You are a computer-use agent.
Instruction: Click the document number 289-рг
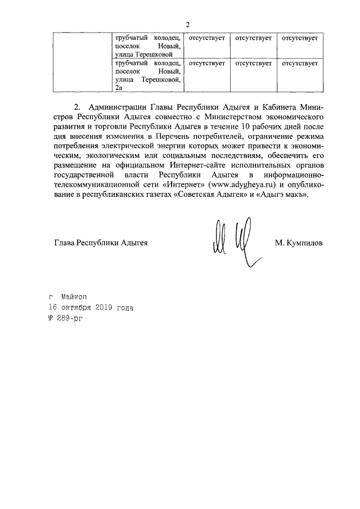[x=66, y=319]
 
